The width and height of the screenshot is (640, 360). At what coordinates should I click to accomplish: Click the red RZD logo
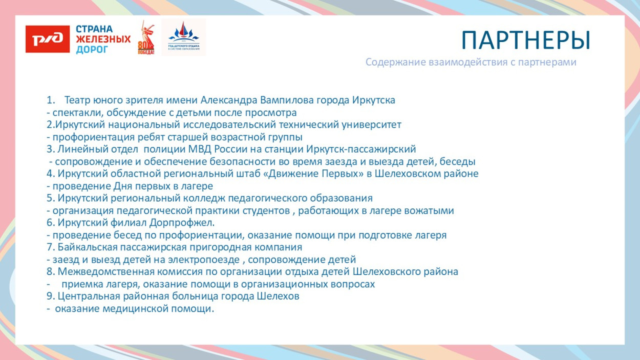point(48,39)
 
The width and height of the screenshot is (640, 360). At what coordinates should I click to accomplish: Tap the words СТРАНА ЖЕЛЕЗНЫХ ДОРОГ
point(103,39)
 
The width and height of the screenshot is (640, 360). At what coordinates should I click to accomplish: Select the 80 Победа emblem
point(146,39)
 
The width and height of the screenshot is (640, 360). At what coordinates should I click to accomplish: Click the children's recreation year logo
point(183,38)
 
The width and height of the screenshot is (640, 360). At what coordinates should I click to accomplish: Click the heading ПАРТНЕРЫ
point(525,40)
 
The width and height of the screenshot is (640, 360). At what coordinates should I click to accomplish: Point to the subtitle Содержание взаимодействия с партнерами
point(471,62)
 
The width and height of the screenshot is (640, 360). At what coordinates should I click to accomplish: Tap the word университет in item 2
point(372,124)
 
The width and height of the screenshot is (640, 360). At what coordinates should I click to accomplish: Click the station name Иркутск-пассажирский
point(361,149)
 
